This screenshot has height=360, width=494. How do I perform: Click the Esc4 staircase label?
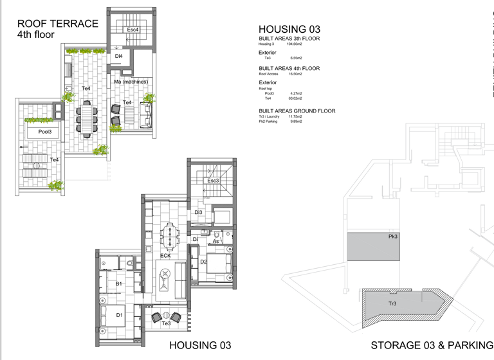tap(133, 30)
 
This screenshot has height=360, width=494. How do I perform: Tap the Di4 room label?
tap(119, 57)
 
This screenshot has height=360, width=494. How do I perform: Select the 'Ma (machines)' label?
tap(131, 82)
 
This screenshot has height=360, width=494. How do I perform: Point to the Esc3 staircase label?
tap(214, 181)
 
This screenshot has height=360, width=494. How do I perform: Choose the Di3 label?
tap(198, 212)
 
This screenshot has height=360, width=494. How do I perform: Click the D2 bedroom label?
tap(203, 262)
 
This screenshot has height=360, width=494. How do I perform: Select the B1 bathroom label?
tap(118, 283)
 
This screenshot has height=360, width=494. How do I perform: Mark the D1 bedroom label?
tap(119, 315)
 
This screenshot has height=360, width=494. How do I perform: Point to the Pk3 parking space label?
tap(392, 237)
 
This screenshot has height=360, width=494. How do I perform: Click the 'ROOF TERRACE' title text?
tap(58, 24)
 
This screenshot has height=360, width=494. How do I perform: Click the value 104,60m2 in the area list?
tap(294, 44)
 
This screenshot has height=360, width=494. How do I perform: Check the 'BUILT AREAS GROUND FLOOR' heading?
tap(297, 111)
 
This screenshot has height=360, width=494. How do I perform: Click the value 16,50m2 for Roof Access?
tap(296, 74)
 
